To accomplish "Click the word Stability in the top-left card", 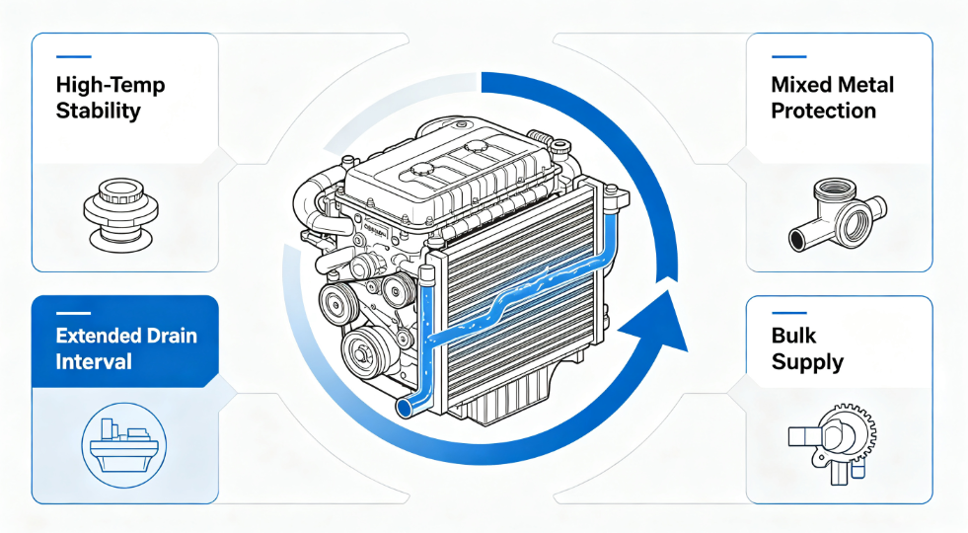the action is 98,112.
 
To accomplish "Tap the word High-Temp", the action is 111,85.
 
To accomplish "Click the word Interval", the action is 94,361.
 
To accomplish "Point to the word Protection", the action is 824,112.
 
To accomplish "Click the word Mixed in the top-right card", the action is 799,85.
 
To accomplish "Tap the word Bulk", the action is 794,336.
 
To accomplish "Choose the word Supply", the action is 807,362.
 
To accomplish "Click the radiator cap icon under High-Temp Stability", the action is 121,214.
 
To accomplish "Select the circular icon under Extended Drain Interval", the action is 124,444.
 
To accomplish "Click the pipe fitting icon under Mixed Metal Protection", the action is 837,215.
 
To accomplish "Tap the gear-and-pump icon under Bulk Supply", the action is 832,442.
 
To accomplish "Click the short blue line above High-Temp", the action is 73,57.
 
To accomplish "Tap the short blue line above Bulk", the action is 789,313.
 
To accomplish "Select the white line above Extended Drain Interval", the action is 73,313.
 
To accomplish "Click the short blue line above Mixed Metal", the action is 789,57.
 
